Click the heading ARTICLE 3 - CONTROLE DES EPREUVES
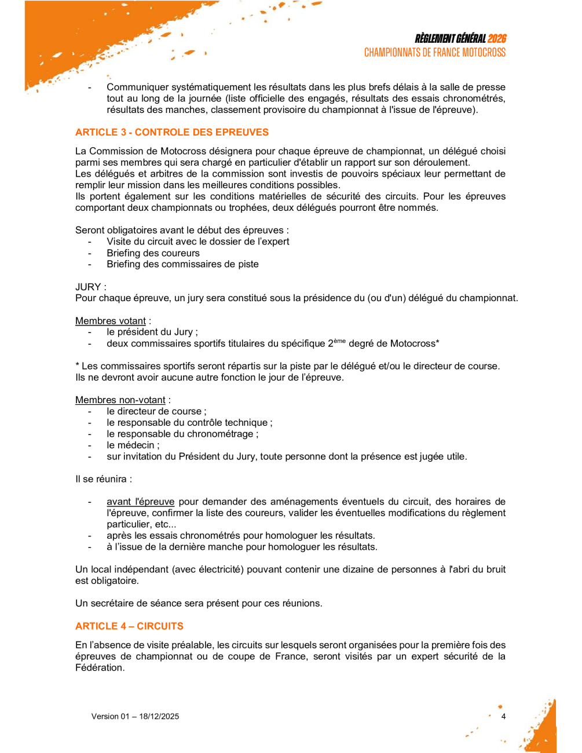[172, 132]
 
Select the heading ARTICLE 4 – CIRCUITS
[129, 626]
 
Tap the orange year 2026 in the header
[496, 39]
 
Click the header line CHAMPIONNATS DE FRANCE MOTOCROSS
[434, 53]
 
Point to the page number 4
[503, 717]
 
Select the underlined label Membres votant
[111, 321]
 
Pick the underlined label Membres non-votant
[120, 400]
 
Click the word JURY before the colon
[88, 287]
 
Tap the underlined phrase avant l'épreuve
[141, 502]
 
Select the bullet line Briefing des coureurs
[153, 253]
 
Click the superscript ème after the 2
[340, 341]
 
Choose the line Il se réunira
[101, 479]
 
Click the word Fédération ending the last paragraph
[99, 668]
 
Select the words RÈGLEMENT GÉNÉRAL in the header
[450, 39]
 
